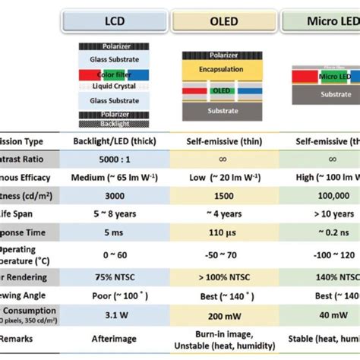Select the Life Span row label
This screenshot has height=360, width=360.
click(23, 213)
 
